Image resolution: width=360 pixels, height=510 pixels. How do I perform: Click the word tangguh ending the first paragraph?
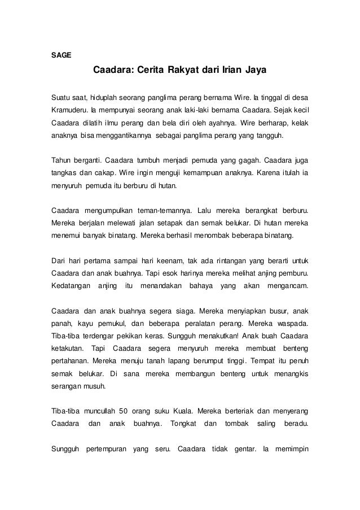pos(272,137)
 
